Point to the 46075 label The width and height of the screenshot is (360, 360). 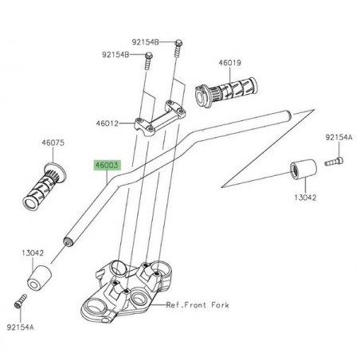tap(53, 144)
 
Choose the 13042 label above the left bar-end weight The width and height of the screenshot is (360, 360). tap(33, 253)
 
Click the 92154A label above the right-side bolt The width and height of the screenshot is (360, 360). tap(337, 137)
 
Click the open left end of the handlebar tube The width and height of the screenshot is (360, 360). tap(68, 238)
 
